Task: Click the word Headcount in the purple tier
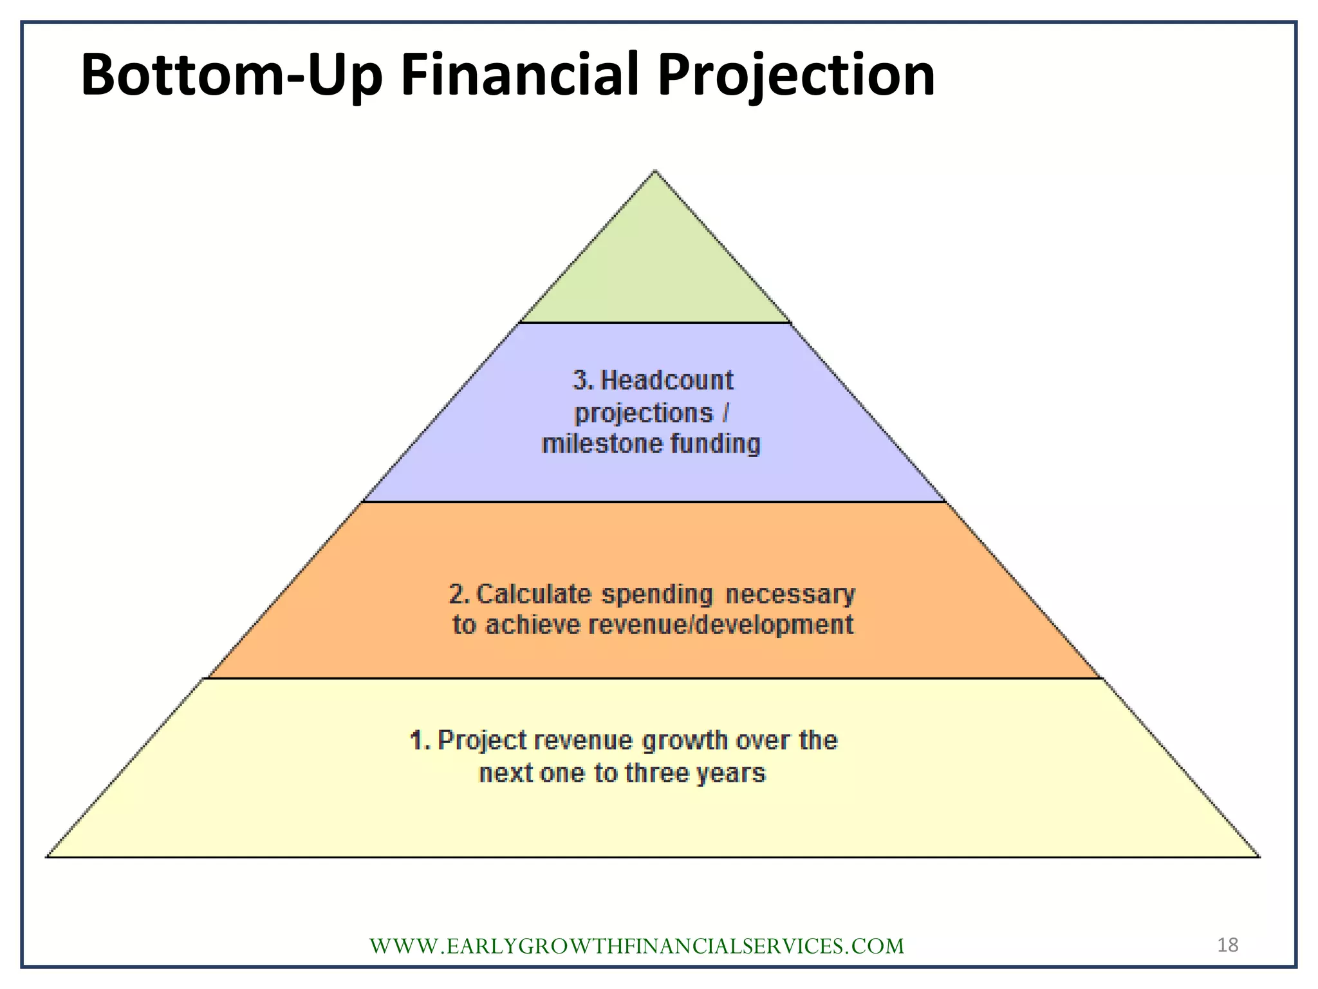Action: point(667,381)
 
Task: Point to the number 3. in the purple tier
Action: point(582,381)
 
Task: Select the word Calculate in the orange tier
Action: point(534,594)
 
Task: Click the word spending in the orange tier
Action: point(657,594)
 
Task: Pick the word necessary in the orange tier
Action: point(790,594)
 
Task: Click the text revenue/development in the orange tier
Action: point(721,625)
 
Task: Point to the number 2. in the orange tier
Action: point(459,594)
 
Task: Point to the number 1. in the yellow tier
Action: point(420,741)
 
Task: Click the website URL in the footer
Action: point(636,946)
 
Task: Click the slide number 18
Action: point(1227,945)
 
